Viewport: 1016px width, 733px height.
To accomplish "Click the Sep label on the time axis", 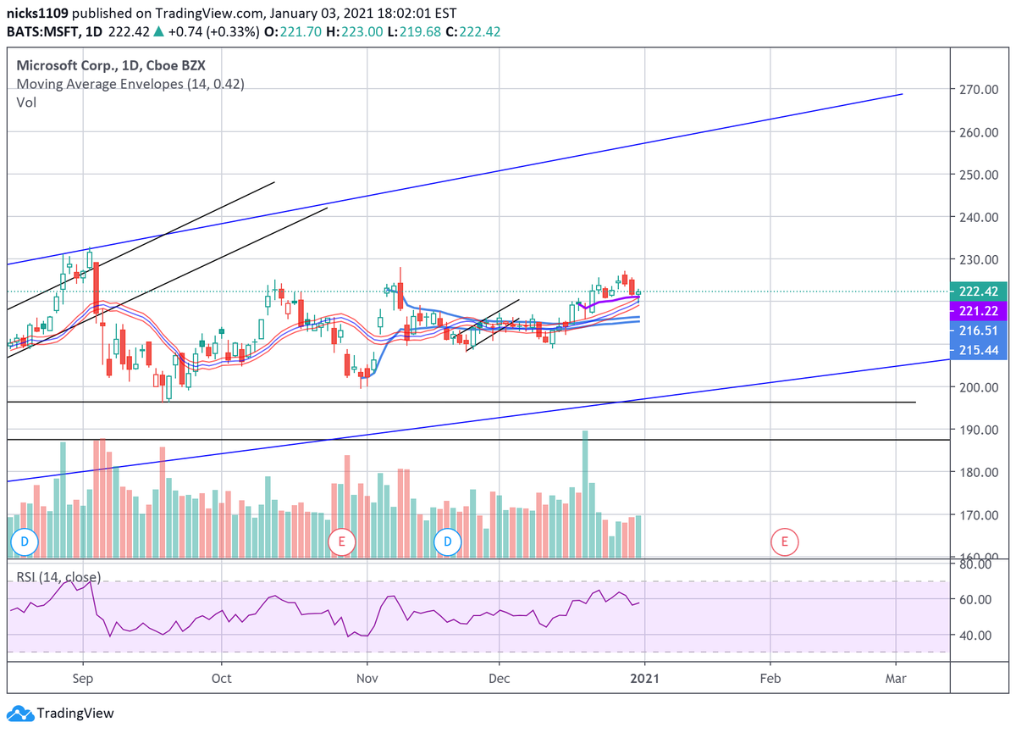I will (x=83, y=679).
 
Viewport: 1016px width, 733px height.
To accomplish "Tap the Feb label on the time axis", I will (x=770, y=679).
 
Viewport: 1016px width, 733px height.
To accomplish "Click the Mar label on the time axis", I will (x=895, y=679).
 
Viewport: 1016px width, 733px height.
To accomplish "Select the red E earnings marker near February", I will (x=784, y=541).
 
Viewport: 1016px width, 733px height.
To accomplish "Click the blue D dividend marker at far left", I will (x=24, y=541).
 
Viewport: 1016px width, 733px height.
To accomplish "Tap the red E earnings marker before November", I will (x=341, y=541).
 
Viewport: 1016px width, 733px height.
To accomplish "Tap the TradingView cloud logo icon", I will (x=19, y=714).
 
